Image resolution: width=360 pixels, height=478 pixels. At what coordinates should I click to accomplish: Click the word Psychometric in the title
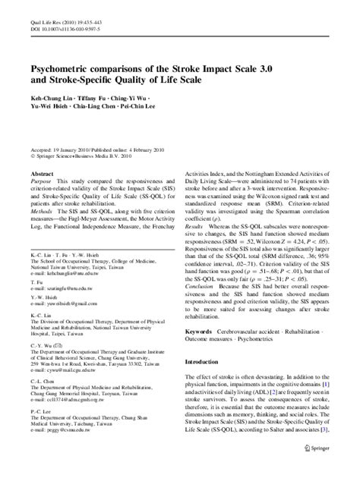(68, 68)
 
